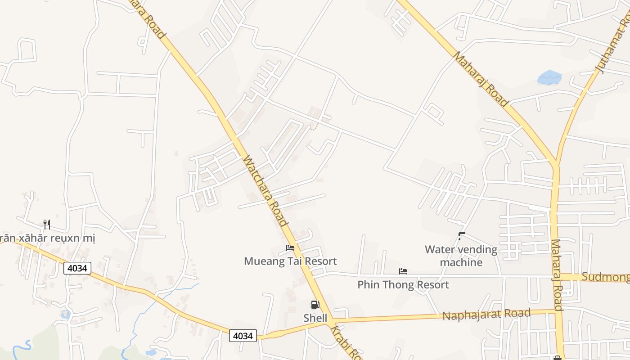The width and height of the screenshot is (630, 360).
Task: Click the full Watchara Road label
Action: (265, 191)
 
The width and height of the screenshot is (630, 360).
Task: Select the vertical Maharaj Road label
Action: (557, 274)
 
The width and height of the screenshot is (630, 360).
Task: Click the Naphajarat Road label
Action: (486, 315)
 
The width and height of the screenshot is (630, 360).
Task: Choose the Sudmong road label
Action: (605, 277)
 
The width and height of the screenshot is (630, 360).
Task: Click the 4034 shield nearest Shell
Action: (243, 335)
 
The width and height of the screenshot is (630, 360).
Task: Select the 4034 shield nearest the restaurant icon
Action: (77, 269)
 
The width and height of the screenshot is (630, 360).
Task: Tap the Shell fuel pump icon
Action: (315, 305)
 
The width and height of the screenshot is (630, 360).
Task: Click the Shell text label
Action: (315, 318)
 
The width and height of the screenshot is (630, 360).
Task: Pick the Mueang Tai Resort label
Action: (290, 261)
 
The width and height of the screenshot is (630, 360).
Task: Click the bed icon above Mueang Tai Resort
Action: (290, 248)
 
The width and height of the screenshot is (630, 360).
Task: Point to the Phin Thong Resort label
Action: (403, 284)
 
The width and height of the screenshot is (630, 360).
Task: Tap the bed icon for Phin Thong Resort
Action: (403, 271)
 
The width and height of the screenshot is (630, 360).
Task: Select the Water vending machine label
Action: (461, 256)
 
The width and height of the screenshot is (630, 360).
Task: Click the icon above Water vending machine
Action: (461, 235)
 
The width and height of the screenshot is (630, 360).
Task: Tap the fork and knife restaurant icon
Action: (46, 224)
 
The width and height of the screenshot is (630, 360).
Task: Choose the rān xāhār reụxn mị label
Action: (47, 238)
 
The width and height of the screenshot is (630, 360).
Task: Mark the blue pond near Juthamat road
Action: (549, 78)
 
